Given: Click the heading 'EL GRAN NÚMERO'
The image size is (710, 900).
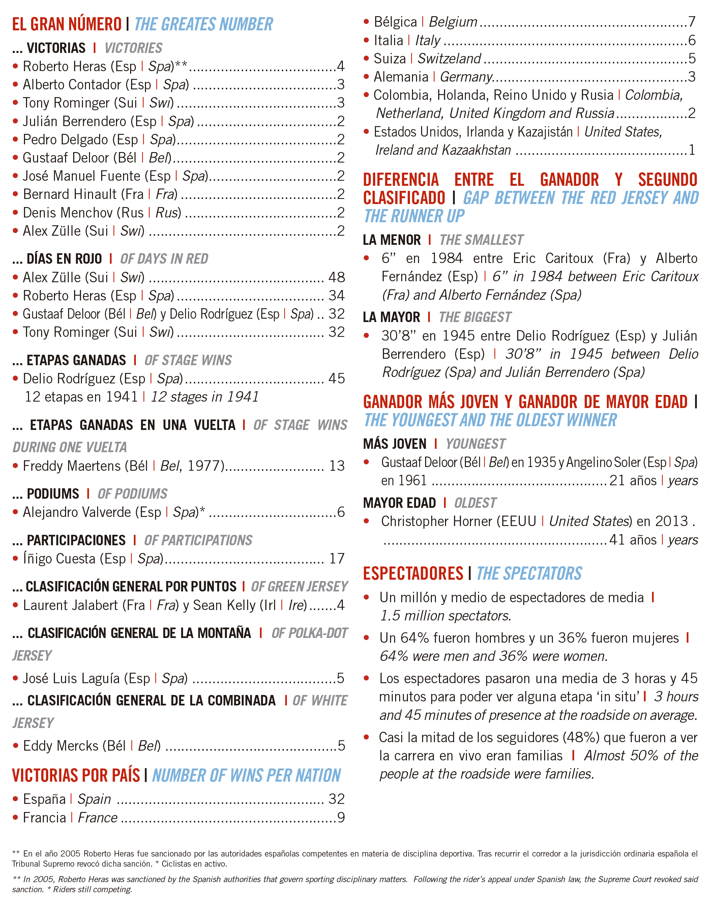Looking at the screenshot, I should pos(66,24).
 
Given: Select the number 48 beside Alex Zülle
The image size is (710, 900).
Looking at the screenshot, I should pos(336,277).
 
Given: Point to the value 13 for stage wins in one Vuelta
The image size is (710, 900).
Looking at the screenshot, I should pos(337,466).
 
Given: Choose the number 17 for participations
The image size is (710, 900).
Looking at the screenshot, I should pos(337,558).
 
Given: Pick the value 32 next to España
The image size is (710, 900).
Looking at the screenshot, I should pos(336,799).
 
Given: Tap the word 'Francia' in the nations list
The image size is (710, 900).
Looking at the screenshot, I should pos(45,818).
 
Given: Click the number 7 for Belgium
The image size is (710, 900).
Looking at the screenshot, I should pos(692,22).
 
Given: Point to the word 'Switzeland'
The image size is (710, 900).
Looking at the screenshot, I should pos(449,59).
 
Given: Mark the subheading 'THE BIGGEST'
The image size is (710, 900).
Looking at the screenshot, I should pos(475,317).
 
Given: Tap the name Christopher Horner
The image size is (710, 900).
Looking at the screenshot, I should pos(437,521).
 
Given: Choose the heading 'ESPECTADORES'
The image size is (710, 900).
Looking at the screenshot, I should pos(413,573).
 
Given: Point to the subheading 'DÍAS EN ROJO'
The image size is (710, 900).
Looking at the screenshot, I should pos(64,259).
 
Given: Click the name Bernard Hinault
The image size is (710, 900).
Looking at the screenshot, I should pos(70,194).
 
